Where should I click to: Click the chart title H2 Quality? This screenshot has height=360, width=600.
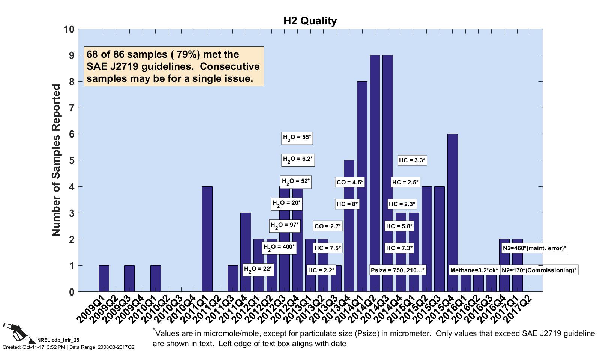310,21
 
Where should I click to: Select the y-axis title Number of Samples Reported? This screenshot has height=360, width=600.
56,160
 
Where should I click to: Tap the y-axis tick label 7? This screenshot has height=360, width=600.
71,108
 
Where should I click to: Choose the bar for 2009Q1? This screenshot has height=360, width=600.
104,278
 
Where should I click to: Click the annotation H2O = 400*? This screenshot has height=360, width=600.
279,247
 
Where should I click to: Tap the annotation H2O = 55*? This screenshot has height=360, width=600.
297,138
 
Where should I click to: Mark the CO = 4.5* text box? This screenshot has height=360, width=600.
350,183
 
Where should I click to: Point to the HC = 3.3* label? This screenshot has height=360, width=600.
412,160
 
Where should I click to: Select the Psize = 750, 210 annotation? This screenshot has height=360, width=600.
398,270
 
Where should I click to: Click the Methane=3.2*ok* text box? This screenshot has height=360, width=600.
474,270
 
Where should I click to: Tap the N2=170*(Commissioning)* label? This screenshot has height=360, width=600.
539,270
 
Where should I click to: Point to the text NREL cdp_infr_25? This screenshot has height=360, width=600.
58,340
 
